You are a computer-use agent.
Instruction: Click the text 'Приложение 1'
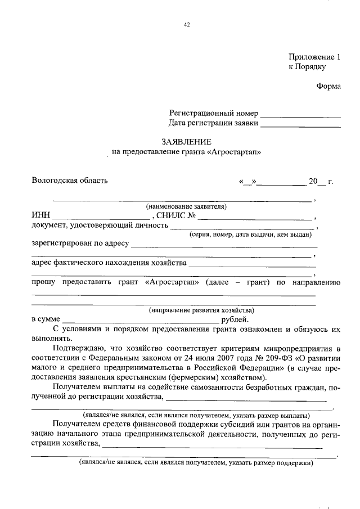(x=314, y=57)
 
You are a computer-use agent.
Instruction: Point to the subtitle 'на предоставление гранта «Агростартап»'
(x=187, y=152)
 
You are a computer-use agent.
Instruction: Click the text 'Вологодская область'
(x=69, y=181)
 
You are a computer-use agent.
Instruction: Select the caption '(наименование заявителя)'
(x=186, y=206)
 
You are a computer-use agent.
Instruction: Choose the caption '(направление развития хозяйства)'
(x=201, y=310)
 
